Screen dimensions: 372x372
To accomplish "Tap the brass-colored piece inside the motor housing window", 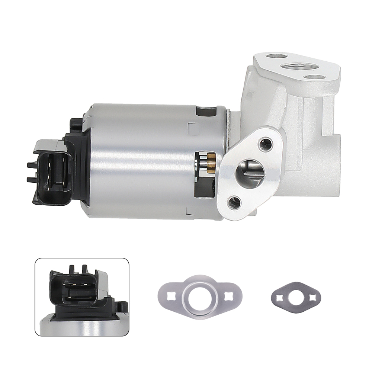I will click(x=211, y=163).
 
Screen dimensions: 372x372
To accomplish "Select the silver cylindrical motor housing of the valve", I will click(x=149, y=160).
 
